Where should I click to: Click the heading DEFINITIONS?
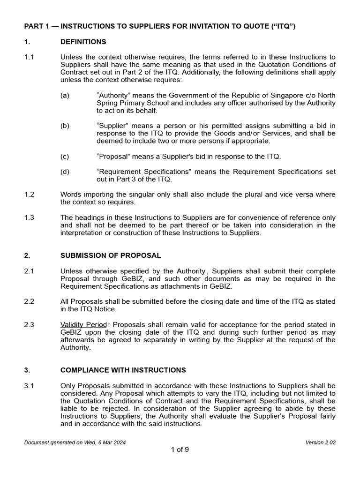point(83,42)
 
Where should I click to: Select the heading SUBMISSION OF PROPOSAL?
point(111,255)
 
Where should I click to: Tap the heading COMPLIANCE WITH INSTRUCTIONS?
point(123,370)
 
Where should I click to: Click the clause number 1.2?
point(29,195)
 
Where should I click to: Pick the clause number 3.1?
point(29,385)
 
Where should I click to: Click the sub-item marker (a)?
point(65,96)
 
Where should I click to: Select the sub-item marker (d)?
point(65,172)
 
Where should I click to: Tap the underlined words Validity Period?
point(84,325)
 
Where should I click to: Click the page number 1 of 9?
point(180,450)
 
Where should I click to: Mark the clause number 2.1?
point(29,271)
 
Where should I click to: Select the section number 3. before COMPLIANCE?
point(27,370)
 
